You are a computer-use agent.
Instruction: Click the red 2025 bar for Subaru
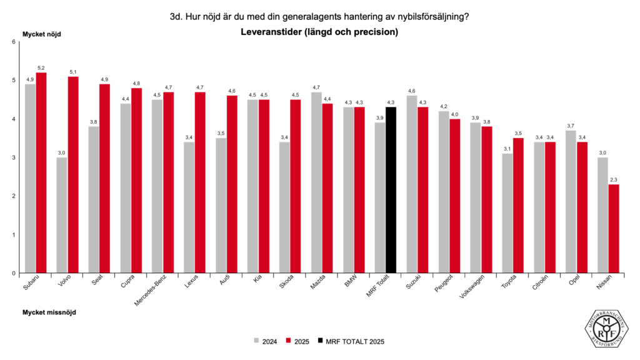click(41, 172)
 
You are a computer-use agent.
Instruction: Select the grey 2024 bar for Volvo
click(62, 215)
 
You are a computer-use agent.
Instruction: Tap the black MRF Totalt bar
click(391, 190)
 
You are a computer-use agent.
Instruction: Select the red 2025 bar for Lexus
click(200, 182)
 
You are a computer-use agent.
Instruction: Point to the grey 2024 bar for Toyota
click(507, 213)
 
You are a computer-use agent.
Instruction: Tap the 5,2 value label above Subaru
click(41, 67)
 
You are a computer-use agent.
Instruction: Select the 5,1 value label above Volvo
click(73, 71)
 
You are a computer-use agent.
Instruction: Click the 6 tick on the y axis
click(13, 42)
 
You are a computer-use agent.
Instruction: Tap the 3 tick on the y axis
click(13, 157)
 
